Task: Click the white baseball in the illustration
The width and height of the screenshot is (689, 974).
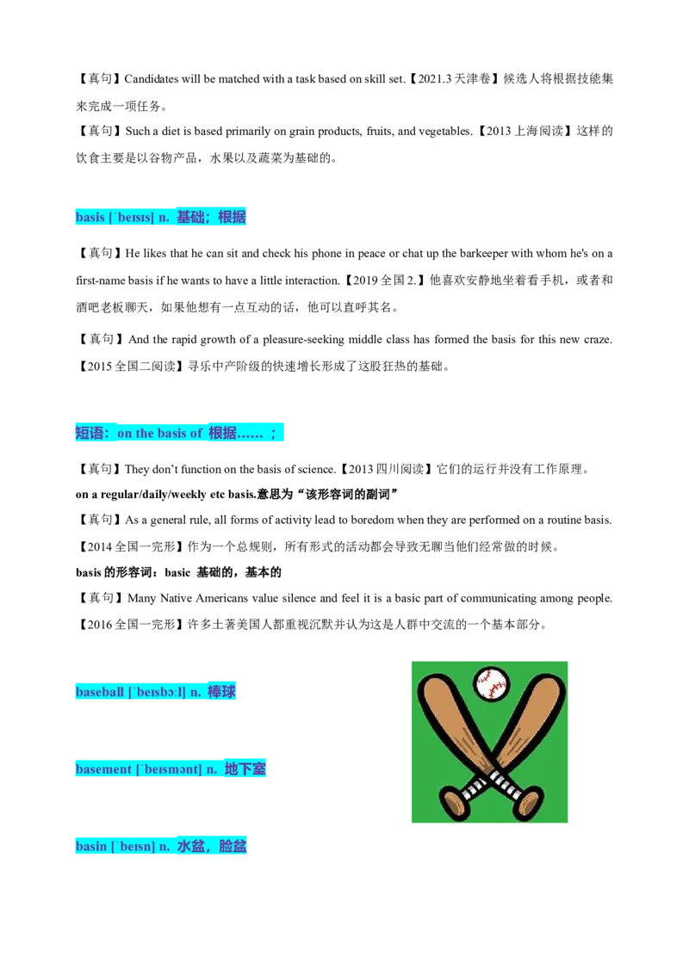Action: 491,683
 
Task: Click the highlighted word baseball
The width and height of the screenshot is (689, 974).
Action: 100,692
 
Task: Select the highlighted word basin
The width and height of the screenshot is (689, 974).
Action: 90,846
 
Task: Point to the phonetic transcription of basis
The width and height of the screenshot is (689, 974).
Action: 131,218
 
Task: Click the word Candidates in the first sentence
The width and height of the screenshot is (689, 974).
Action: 151,79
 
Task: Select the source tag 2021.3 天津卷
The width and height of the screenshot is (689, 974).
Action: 454,79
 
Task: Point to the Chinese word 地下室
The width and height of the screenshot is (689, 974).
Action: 245,769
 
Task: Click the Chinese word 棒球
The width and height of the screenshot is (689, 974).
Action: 221,692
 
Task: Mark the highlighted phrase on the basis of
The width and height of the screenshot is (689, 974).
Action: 160,433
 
